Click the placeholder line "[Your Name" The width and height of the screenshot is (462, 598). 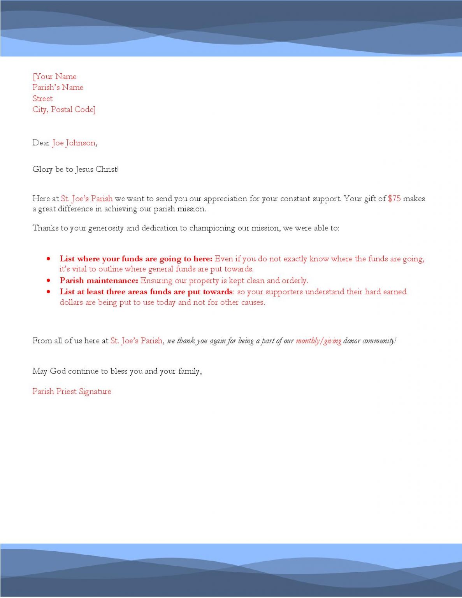pos(54,76)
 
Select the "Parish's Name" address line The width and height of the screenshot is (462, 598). pos(58,87)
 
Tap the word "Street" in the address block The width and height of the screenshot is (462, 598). pos(42,98)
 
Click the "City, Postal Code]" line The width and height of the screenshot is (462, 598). pos(64,109)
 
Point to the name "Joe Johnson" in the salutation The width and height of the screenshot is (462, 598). pos(74,143)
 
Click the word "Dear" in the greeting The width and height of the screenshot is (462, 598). pos(41,143)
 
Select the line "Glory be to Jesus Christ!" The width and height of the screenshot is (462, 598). pos(76,169)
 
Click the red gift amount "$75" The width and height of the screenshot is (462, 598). pos(394,199)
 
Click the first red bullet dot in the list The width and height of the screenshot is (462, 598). pos(48,259)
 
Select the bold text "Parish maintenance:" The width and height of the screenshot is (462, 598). pos(99,280)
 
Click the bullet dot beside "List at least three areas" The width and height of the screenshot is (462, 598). pos(48,292)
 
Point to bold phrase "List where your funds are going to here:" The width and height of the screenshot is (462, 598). pos(136,259)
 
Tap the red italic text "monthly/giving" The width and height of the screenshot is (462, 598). pos(318,341)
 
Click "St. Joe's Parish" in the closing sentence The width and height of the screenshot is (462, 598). pos(136,341)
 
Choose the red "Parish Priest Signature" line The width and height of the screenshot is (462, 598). pos(72,391)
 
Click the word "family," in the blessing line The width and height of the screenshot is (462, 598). pos(190,371)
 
